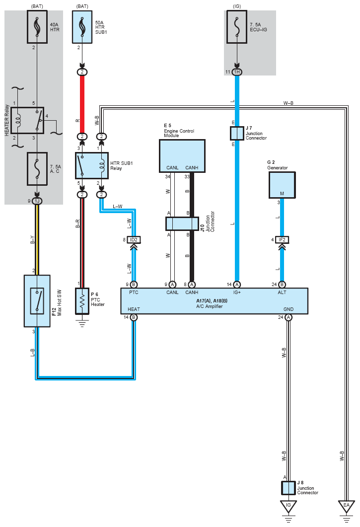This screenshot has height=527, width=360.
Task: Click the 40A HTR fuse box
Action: pos(37,27)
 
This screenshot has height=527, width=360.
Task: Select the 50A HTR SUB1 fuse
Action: pos(82,27)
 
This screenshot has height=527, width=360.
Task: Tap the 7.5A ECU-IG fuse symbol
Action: pos(237,27)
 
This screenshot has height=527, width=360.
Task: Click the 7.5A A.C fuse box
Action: pos(37,169)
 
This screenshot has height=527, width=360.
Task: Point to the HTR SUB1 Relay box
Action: pos(92,166)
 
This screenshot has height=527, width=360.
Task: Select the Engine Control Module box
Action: pos(182,156)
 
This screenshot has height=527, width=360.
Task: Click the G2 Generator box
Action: pos(282,185)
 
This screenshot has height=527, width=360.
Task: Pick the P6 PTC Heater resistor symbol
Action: pos(82,301)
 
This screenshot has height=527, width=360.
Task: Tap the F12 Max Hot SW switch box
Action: pos(37,301)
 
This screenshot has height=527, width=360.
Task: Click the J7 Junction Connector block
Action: pos(237,133)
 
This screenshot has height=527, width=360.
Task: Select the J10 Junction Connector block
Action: pos(182,224)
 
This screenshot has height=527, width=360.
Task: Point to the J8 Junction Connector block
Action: pos(288,488)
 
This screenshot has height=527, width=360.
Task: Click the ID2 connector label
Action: pos(134,239)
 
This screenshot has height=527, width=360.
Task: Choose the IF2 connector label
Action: pos(282,239)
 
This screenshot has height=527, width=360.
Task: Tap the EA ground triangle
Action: pos(346,507)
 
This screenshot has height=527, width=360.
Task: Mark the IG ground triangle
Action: pos(288,507)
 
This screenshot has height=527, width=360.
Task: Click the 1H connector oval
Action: pos(237,72)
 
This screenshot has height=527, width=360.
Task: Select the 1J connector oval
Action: pos(37,201)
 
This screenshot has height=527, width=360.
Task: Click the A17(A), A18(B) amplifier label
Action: pos(212,301)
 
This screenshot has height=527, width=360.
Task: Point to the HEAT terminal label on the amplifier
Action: pos(134,309)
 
